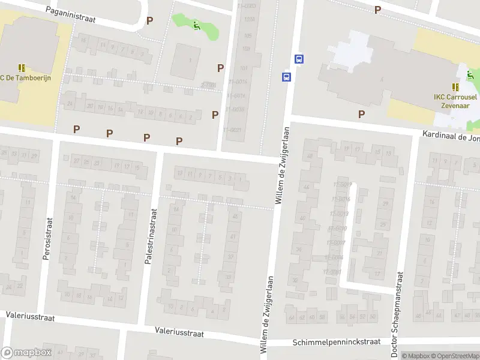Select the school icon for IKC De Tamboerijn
coord(22,68)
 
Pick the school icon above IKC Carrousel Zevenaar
coord(455,87)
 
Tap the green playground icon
coord(197,25)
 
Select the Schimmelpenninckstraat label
coord(337,342)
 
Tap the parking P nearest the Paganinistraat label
coord(149,20)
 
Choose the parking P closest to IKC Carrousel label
coord(361,114)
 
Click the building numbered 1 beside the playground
coord(190,61)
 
